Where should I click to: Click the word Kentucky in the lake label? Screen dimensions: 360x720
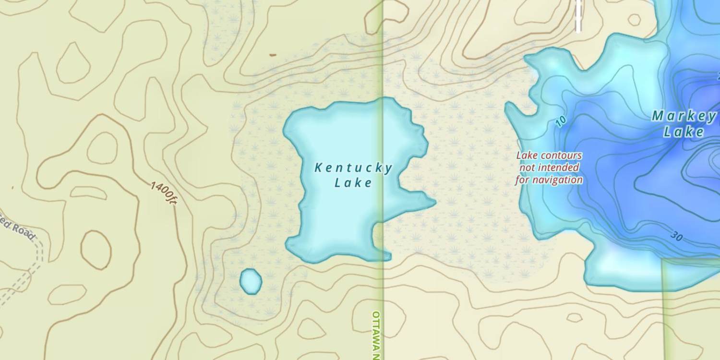coord(353,168)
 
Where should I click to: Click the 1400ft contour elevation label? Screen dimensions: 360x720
coord(164,194)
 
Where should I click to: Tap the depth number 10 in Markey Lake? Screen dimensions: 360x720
coord(561,121)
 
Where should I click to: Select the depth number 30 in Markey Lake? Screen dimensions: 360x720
coord(676,236)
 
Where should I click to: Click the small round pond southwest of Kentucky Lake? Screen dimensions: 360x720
coord(251,281)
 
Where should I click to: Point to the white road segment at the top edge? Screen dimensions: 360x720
coord(578,17)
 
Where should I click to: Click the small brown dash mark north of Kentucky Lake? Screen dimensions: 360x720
coord(273,55)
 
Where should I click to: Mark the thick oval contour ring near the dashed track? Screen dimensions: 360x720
coord(96,250)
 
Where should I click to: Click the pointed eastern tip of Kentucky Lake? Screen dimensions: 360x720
coord(433,202)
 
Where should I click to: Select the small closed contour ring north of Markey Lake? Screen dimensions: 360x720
coord(634,20)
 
